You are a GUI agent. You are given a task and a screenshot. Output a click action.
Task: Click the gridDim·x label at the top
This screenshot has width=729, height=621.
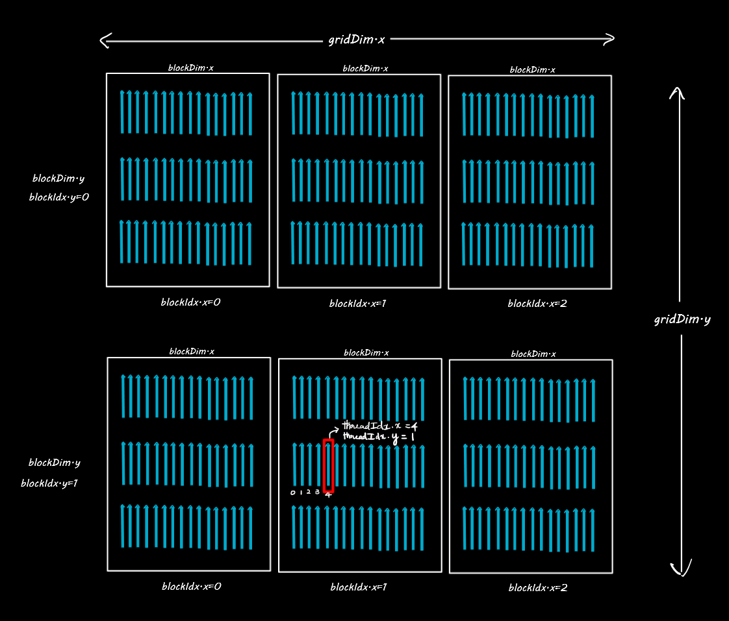tap(357, 40)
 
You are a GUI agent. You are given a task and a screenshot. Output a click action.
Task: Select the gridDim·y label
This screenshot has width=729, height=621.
tap(682, 319)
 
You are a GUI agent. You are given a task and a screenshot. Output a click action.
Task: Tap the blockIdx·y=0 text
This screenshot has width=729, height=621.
tap(59, 197)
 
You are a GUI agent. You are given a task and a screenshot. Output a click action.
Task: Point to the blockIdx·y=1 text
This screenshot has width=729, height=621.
tap(49, 483)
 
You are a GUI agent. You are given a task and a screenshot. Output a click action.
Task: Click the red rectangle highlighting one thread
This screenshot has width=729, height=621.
tap(328, 465)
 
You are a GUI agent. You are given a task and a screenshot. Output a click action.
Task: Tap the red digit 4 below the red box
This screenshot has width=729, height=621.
tap(328, 495)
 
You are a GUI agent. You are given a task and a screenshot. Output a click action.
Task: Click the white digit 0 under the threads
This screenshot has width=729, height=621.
tap(292, 493)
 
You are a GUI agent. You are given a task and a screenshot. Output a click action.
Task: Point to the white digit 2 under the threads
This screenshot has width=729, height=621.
tap(309, 492)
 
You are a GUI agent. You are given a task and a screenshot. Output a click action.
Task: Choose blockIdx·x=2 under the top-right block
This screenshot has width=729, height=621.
tap(537, 303)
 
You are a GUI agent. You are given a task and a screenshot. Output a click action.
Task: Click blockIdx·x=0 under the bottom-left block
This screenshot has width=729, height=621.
tap(192, 586)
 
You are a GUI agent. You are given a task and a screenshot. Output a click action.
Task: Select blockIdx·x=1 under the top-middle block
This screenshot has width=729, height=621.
tap(358, 303)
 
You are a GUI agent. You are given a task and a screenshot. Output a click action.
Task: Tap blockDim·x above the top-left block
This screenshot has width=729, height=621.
tap(191, 67)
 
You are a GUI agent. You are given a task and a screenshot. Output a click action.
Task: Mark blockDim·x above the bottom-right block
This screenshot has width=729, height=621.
tap(533, 354)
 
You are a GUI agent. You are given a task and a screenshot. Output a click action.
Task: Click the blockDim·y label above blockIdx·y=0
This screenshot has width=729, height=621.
tap(58, 178)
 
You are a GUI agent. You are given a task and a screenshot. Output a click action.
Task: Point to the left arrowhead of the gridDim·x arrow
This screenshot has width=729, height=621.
tap(103, 41)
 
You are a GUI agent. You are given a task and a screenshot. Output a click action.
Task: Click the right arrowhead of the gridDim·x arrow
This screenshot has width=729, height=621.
tap(610, 39)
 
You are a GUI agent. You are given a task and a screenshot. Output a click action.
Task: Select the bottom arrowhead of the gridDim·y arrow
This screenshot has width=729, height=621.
tap(681, 571)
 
